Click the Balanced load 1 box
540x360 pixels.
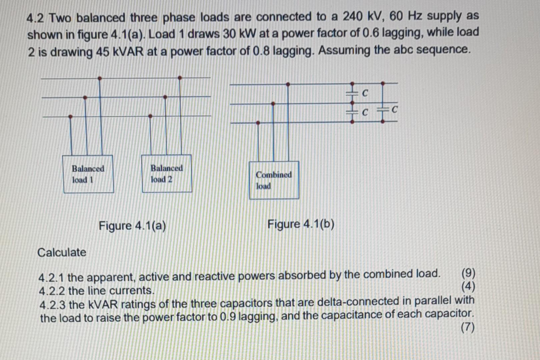(88, 174)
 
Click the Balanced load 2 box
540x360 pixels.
(167, 173)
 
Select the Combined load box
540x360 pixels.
(274, 180)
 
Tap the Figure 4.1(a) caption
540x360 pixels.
(132, 226)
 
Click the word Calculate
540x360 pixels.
(62, 252)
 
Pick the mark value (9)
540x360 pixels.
(468, 273)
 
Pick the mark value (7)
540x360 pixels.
(467, 328)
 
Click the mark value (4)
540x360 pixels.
(468, 286)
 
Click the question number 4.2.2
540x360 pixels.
(52, 291)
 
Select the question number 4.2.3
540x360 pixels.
(53, 305)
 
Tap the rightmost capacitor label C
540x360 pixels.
(395, 109)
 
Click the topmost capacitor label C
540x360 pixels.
(365, 93)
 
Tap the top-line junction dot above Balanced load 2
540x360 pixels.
(180, 78)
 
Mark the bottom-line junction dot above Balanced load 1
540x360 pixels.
(70, 117)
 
